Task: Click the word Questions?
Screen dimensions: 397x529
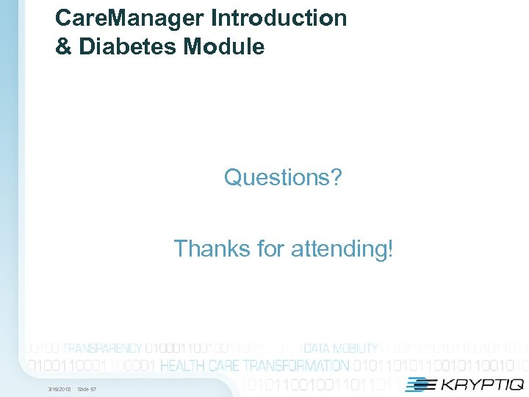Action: coord(283,177)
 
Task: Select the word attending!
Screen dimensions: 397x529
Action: coord(342,248)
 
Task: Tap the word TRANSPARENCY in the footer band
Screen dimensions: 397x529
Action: coord(102,348)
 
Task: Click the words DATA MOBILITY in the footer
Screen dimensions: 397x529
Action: coord(341,348)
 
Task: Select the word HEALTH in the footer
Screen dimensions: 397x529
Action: coord(183,365)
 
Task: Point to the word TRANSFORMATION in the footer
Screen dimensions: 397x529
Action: coord(296,365)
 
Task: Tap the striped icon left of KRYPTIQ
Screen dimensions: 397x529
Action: coord(421,384)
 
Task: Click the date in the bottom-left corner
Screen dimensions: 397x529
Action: coord(60,388)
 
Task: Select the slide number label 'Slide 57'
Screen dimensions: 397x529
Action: coord(87,388)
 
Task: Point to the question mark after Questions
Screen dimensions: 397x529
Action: coord(337,177)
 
